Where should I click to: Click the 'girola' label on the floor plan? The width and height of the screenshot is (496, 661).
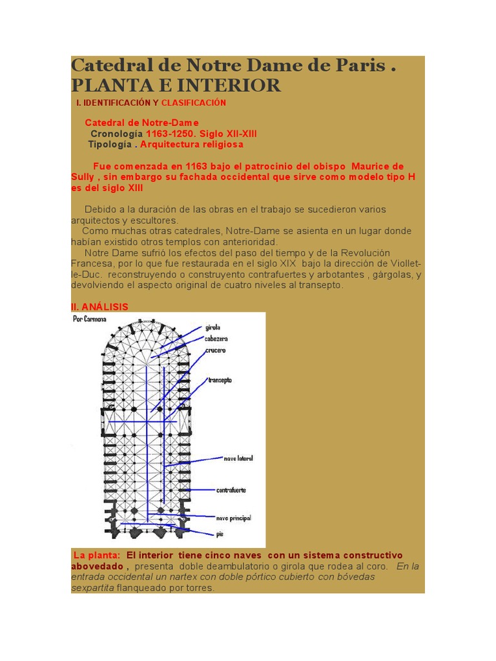pyautogui.click(x=213, y=327)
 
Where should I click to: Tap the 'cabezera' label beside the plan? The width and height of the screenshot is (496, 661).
pyautogui.click(x=216, y=339)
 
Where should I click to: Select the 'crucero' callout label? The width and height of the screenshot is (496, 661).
pyautogui.click(x=216, y=351)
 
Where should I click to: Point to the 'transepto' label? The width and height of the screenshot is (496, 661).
pyautogui.click(x=220, y=380)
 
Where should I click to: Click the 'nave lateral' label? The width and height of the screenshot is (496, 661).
pyautogui.click(x=238, y=458)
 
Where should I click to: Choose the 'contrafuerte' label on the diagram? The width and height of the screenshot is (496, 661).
pyautogui.click(x=231, y=490)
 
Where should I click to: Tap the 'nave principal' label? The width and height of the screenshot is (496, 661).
pyautogui.click(x=233, y=518)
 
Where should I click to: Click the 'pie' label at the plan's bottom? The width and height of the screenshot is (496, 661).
pyautogui.click(x=220, y=534)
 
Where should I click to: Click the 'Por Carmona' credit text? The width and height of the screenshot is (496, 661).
pyautogui.click(x=90, y=319)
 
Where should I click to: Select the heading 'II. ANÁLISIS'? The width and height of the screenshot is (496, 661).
pyautogui.click(x=99, y=307)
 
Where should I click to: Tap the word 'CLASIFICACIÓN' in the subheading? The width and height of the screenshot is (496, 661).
pyautogui.click(x=194, y=103)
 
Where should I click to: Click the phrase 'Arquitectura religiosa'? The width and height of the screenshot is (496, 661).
pyautogui.click(x=192, y=144)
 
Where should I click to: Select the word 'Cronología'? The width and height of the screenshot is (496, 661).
pyautogui.click(x=116, y=134)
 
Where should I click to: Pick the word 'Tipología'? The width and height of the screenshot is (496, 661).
pyautogui.click(x=110, y=144)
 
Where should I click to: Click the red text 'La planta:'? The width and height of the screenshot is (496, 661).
pyautogui.click(x=97, y=555)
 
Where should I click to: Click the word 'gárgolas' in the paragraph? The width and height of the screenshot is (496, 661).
pyautogui.click(x=397, y=274)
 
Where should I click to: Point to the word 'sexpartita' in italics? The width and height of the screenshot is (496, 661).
pyautogui.click(x=92, y=588)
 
